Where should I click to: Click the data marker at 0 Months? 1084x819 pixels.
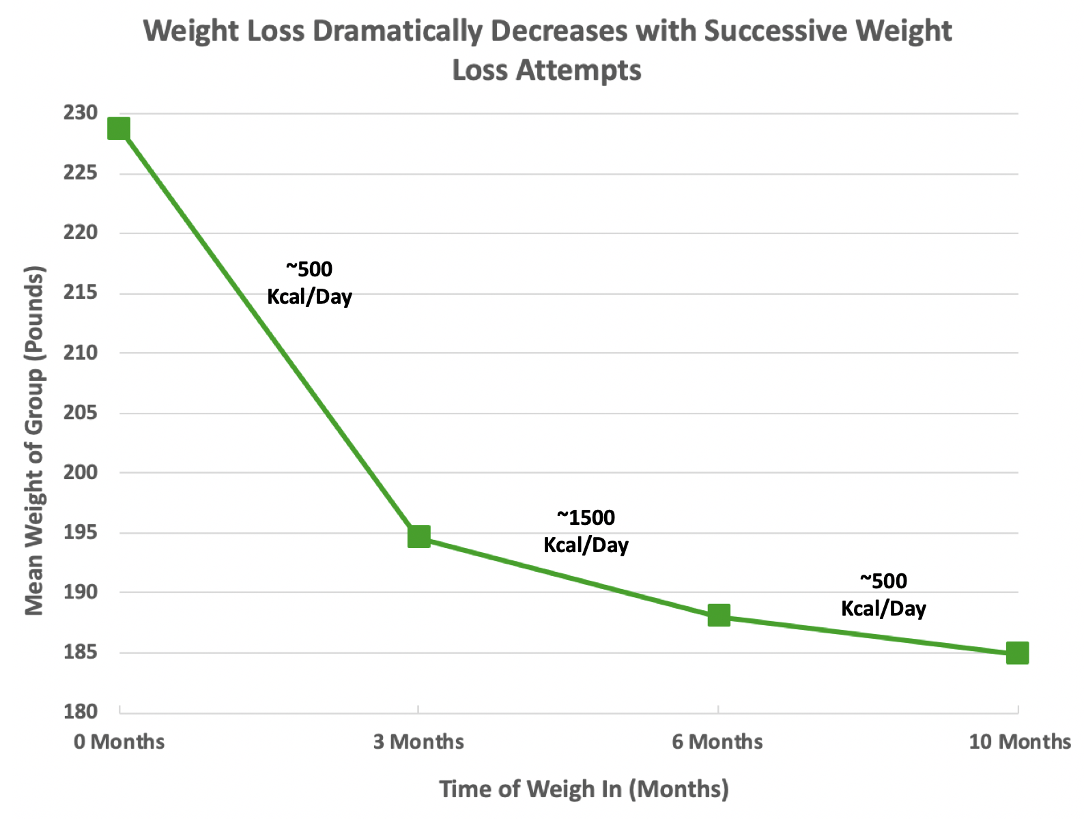coord(119,128)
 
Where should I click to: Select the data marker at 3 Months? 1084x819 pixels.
coord(419,536)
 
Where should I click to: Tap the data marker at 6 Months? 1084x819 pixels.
coord(719,616)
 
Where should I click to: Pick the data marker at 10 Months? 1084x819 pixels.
coord(1017,653)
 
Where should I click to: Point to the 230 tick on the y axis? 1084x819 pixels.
coord(81,113)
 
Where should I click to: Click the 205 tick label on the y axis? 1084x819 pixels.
coord(81,413)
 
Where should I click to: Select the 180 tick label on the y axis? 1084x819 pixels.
coord(81,712)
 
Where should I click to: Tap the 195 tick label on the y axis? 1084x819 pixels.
coord(81,532)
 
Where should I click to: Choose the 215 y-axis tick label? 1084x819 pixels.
coord(81,293)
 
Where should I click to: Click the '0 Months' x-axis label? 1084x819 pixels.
coord(119,742)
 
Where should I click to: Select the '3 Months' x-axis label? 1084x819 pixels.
coord(418,742)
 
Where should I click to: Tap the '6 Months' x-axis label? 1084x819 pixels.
coord(717,742)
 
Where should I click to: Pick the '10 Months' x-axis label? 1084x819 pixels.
coord(1020,742)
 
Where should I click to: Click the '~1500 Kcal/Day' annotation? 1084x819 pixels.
coord(586,531)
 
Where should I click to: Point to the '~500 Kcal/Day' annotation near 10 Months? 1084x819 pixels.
coord(883,594)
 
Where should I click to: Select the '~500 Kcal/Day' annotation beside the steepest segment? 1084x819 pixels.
coord(309,283)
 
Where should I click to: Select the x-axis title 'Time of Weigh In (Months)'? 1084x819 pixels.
coord(584,789)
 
